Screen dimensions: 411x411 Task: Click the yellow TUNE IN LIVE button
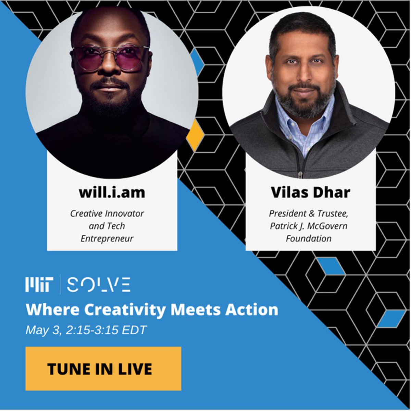pyautogui.click(x=103, y=369)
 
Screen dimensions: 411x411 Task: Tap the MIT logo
pyautogui.click(x=39, y=285)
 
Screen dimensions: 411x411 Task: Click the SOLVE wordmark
pyautogui.click(x=99, y=285)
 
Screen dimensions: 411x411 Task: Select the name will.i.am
pyautogui.click(x=112, y=192)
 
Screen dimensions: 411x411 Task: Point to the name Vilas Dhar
pyautogui.click(x=310, y=192)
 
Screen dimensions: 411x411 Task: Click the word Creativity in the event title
pyautogui.click(x=125, y=310)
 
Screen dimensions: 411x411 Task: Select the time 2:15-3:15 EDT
pyautogui.click(x=107, y=330)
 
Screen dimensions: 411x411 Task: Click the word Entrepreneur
pyautogui.click(x=107, y=238)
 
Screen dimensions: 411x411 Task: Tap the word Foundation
pyautogui.click(x=309, y=238)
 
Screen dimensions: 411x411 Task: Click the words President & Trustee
pyautogui.click(x=308, y=213)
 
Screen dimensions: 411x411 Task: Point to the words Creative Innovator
pyautogui.click(x=107, y=213)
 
